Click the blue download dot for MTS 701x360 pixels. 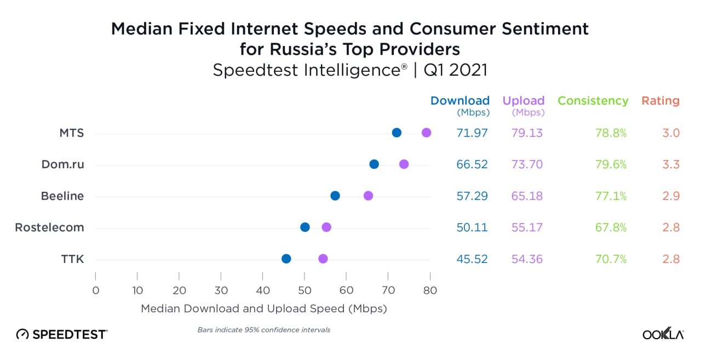[397, 133]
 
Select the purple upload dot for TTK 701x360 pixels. [323, 259]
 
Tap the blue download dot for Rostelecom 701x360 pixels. [305, 227]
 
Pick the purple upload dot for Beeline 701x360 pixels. [368, 196]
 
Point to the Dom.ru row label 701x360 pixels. [63, 164]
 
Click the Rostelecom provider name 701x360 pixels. [50, 227]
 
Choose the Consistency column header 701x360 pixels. [593, 101]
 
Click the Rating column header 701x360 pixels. [660, 101]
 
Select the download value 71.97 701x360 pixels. [472, 133]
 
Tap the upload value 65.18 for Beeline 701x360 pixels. [527, 196]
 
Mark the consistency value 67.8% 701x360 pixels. [611, 227]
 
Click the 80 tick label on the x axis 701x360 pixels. [430, 290]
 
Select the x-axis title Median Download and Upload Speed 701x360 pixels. [264, 308]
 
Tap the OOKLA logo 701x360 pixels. [663, 334]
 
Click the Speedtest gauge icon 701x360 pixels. [22, 334]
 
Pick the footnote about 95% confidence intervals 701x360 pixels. [263, 330]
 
